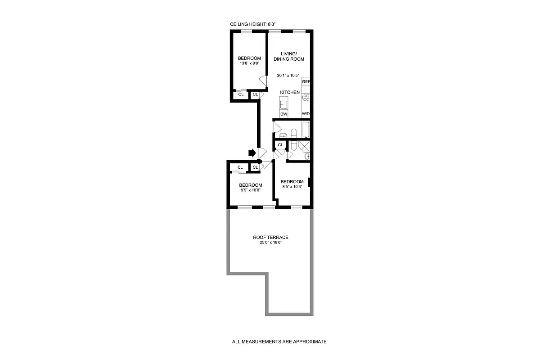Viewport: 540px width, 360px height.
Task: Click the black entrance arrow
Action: point(252,153)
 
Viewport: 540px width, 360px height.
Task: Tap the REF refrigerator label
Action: point(306,81)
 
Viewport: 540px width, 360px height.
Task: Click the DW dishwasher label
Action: point(283,114)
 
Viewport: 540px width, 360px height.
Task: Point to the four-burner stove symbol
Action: point(306,97)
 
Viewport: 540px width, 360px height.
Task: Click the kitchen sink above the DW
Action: point(284,104)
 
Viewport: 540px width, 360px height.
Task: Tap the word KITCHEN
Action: point(290,92)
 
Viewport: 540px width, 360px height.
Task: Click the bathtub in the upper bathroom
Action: point(306,130)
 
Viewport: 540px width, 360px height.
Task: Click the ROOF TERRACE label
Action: point(270,238)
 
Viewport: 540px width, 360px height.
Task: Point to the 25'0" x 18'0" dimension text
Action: point(270,243)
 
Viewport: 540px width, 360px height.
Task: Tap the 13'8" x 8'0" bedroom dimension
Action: point(249,63)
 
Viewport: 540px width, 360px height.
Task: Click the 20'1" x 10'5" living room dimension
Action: point(288,76)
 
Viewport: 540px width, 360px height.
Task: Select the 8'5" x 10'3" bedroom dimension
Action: point(292,187)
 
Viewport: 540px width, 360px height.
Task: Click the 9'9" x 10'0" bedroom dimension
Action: point(250,190)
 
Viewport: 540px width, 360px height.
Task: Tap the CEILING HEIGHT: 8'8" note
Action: point(252,25)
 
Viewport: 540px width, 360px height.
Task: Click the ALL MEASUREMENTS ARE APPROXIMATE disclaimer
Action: point(279,342)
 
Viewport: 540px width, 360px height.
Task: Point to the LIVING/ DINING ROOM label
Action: point(289,56)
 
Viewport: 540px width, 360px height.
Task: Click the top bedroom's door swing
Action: point(262,81)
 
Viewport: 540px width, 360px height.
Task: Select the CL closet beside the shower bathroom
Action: point(280,145)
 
